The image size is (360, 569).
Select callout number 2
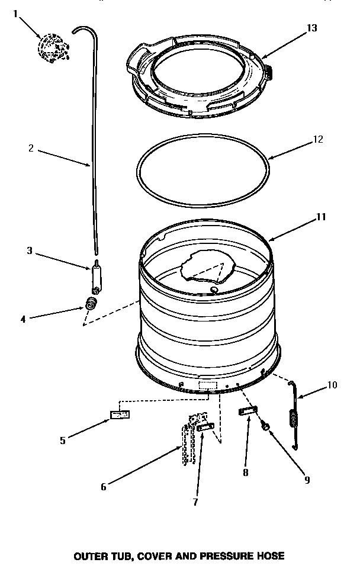31,149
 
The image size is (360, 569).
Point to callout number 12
318,140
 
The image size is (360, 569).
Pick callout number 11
320,217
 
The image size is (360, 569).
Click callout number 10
332,385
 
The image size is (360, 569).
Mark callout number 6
103,487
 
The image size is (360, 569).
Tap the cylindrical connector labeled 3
97,276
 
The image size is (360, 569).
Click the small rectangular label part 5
119,415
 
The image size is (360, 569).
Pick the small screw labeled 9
266,426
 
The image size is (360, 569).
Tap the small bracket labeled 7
205,426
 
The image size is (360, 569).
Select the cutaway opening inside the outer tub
207,268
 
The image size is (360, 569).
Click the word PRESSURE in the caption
232,556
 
